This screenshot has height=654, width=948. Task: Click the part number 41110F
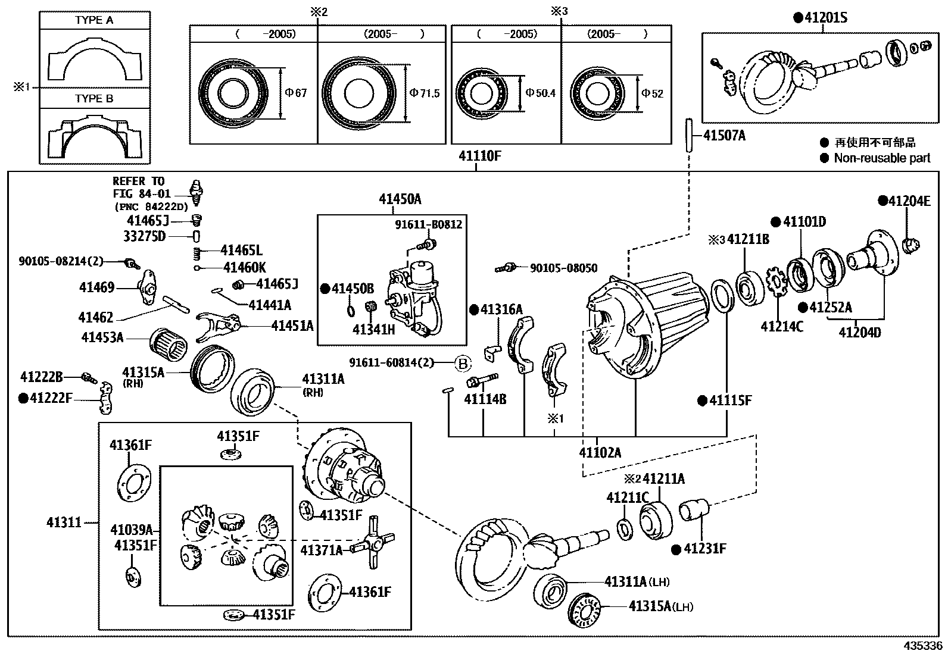479,156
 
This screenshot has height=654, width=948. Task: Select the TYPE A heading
94,20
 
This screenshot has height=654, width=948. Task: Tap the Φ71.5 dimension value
425,93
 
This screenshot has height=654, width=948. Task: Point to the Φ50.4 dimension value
540,93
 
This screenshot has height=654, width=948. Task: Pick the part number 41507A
724,136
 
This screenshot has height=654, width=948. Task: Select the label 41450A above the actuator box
400,199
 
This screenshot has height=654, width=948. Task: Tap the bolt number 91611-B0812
428,225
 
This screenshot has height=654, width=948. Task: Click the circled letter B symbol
463,362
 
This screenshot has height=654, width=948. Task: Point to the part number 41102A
600,452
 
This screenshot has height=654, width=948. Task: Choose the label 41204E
908,201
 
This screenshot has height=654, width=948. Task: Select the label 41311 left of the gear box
64,522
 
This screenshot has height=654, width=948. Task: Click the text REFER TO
139,181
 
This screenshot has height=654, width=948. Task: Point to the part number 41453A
102,337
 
